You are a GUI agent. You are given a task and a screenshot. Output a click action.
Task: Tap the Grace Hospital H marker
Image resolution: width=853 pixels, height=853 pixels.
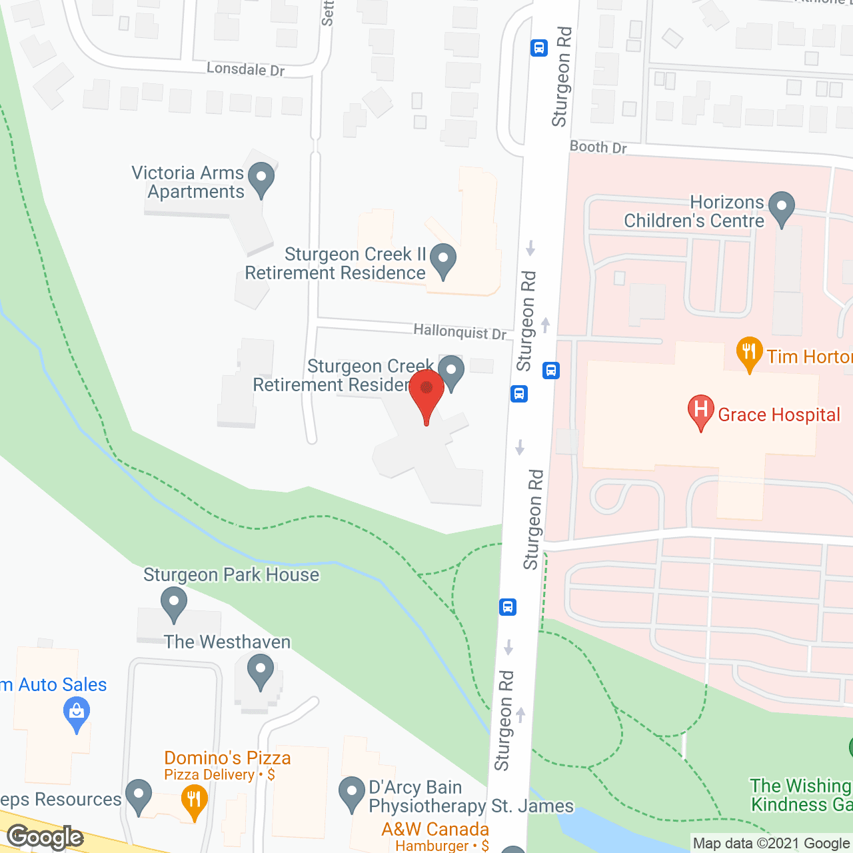700,409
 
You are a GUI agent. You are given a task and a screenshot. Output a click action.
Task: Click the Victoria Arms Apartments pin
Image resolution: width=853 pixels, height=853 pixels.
261,178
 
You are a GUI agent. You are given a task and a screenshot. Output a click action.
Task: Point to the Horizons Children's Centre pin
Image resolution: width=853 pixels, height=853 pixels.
782,207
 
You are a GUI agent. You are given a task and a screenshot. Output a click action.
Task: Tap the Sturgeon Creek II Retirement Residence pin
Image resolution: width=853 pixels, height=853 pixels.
443,259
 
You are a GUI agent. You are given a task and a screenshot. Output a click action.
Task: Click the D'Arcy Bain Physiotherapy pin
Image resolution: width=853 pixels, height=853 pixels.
351,792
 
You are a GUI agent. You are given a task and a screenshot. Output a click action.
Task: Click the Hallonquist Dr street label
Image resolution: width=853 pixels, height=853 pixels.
460,331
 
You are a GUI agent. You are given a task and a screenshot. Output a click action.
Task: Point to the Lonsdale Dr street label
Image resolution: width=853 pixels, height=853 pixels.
245,69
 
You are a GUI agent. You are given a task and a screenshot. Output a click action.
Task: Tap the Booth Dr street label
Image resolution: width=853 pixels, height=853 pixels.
598,147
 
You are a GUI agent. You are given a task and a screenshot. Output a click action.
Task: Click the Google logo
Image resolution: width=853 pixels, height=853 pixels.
45,836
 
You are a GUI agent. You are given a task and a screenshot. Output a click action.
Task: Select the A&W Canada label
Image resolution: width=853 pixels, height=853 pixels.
435,829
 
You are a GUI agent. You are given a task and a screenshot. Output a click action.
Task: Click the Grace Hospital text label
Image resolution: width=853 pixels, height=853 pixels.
778,415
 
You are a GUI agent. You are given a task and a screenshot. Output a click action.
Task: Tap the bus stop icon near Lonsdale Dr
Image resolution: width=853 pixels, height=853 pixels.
539,48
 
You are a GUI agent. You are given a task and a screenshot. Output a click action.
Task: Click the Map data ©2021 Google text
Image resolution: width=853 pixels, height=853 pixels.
772,844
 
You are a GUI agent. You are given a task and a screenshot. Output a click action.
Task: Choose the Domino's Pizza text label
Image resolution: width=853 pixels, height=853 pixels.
227,758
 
